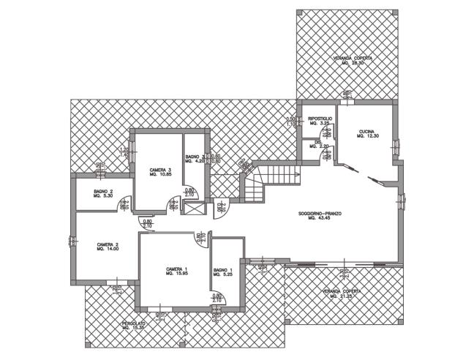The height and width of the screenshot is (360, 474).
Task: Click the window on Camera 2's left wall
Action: [x=72, y=241]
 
